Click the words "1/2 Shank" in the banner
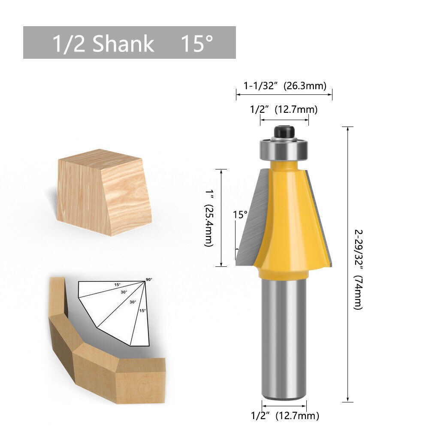[103, 44]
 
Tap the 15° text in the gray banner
[196, 44]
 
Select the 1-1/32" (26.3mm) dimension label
[285, 85]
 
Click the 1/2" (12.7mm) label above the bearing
[284, 109]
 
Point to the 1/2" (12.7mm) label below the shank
[285, 415]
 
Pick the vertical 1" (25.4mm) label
[208, 218]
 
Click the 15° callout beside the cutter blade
[240, 214]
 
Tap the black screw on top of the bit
[284, 131]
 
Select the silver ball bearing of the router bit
[284, 149]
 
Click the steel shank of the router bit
[284, 339]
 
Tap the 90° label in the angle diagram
[149, 279]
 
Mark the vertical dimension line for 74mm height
[347, 264]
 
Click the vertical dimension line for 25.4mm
[221, 218]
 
